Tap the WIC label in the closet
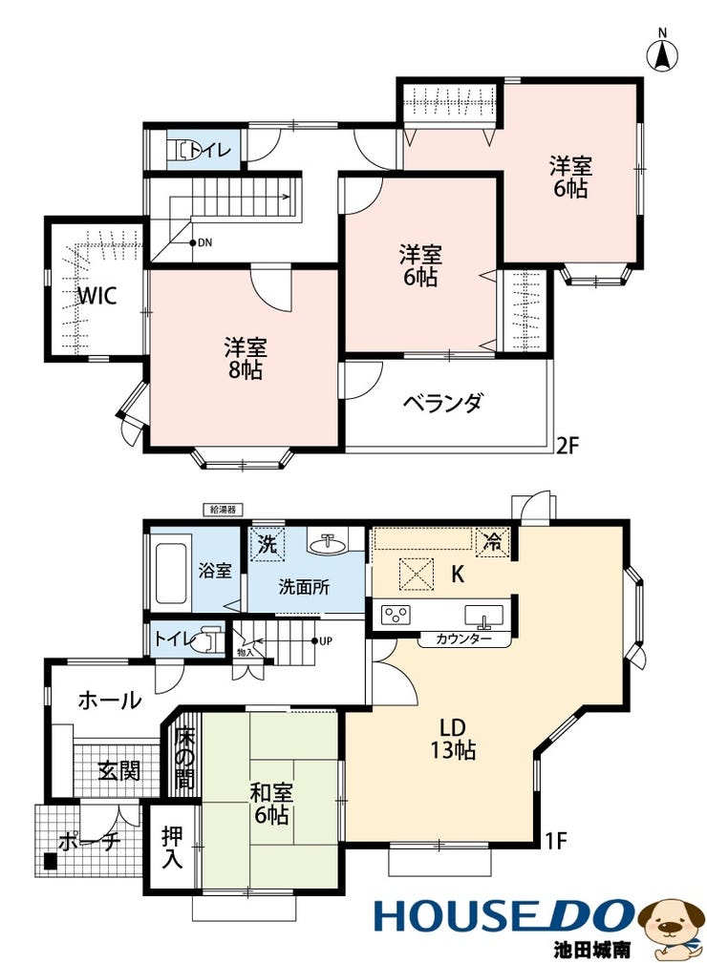pyautogui.click(x=97, y=296)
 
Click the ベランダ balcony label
pyautogui.click(x=442, y=403)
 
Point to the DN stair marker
pyautogui.click(x=202, y=242)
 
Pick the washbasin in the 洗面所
pyautogui.click(x=327, y=542)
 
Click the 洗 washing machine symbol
pyautogui.click(x=268, y=544)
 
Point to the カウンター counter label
pyautogui.click(x=464, y=639)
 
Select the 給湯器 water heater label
pyautogui.click(x=223, y=509)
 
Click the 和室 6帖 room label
pyautogui.click(x=270, y=804)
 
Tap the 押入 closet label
pyautogui.click(x=172, y=848)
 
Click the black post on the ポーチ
pyautogui.click(x=51, y=862)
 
